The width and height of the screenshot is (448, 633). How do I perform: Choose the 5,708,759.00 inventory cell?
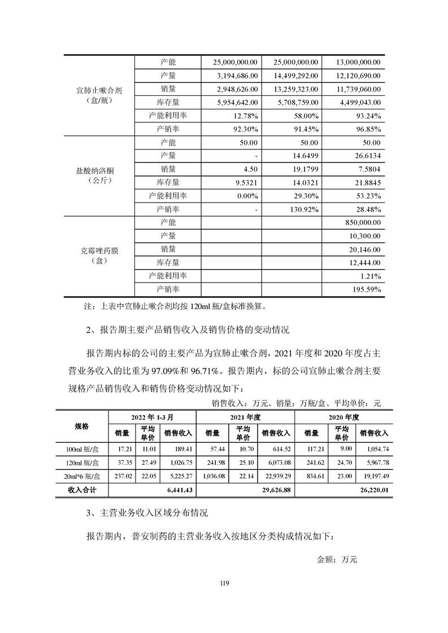click(x=296, y=102)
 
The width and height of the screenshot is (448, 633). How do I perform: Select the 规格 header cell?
click(x=82, y=427)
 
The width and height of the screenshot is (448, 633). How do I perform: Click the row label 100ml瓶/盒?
click(x=82, y=449)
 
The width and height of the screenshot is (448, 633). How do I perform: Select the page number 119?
click(x=224, y=583)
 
